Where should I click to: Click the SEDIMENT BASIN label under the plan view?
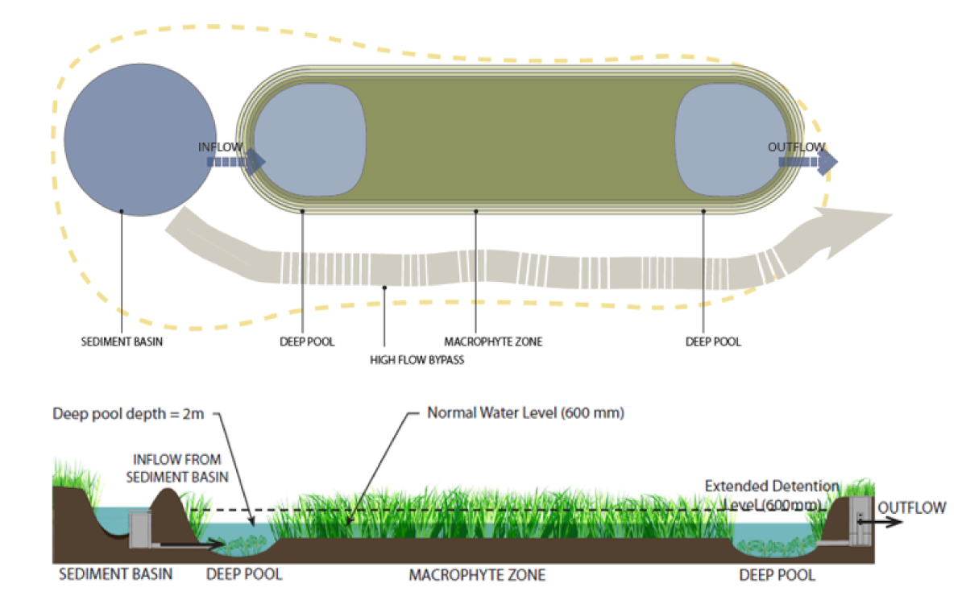[x=119, y=341]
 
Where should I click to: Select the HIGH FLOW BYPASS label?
[x=417, y=360]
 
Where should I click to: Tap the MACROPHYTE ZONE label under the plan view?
[x=493, y=341]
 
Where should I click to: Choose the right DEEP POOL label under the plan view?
[x=712, y=341]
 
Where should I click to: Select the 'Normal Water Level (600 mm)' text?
[x=526, y=414]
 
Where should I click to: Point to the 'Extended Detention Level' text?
[x=772, y=495]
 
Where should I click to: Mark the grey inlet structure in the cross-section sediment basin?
[x=141, y=529]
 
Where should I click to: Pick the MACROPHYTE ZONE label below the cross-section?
[x=477, y=575]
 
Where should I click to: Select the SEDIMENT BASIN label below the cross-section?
[x=116, y=575]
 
